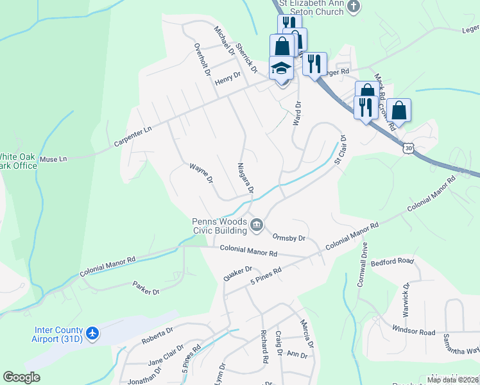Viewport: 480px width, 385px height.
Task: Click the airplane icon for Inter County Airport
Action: [x=92, y=333]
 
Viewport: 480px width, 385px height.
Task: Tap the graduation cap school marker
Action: [x=280, y=68]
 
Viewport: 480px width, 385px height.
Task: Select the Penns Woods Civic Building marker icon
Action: [x=257, y=225]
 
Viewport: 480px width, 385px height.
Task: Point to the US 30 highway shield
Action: [x=407, y=148]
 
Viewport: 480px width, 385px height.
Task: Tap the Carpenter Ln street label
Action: [x=133, y=135]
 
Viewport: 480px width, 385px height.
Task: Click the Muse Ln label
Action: [x=53, y=158]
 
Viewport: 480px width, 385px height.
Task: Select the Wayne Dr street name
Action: [x=201, y=173]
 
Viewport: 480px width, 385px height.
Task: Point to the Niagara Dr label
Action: [x=246, y=177]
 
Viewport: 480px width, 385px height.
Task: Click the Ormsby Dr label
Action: [x=288, y=237]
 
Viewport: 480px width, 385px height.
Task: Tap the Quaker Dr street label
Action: [x=237, y=273]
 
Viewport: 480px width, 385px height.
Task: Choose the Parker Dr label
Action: [x=146, y=287]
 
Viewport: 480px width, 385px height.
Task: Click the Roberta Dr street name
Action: [x=158, y=335]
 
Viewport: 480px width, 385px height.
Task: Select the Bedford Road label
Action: [x=393, y=261]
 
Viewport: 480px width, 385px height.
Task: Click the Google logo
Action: [x=21, y=377]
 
